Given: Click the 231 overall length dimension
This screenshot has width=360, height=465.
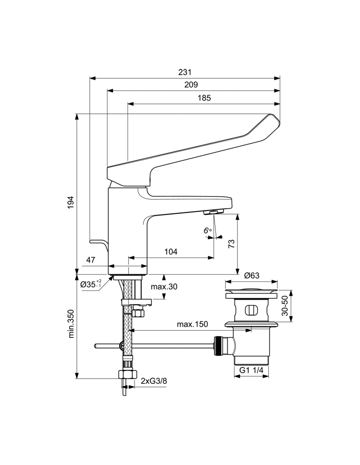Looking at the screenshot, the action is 185,72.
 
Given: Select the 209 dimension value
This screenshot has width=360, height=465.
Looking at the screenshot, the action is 191,85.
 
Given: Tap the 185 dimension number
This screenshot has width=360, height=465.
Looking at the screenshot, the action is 204,98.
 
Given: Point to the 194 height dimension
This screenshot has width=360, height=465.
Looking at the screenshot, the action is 71,202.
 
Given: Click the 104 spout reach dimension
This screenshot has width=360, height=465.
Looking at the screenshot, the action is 171,252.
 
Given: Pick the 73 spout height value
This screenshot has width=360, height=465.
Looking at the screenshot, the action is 231,244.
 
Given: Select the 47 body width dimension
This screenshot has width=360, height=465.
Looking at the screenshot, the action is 91,260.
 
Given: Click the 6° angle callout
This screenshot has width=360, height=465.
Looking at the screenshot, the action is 207,231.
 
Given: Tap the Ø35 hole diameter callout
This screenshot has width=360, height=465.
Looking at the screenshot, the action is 91,284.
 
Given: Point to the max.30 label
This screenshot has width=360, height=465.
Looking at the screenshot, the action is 164,286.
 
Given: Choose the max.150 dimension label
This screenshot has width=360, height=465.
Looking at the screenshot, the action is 192,324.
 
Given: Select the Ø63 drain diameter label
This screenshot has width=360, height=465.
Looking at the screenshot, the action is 252,276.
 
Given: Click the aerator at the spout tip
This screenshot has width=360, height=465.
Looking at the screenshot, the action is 213,212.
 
